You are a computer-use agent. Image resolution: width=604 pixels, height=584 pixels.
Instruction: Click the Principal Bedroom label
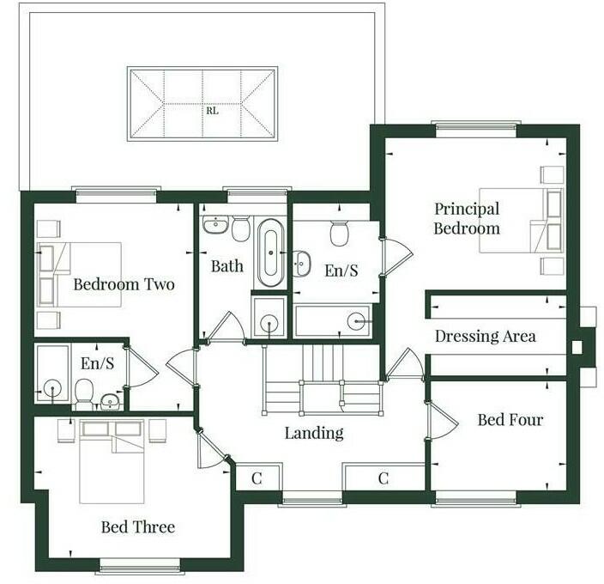point(466,219)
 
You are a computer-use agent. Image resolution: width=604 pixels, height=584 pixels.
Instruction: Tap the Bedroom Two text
point(124,284)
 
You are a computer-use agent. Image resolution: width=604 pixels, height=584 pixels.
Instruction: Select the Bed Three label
point(138,526)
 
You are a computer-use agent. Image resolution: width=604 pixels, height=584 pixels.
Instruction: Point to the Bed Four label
point(510,420)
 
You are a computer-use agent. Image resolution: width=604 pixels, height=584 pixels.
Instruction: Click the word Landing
point(314,433)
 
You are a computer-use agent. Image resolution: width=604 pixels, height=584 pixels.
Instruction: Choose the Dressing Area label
point(485,336)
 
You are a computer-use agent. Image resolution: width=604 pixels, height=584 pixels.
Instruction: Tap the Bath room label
point(226,266)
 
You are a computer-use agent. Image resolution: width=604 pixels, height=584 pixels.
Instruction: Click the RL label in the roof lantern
point(210,110)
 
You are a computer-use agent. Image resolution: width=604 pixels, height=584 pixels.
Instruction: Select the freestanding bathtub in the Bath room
point(269,252)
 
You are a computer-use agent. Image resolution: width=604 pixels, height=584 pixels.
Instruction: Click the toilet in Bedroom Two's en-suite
point(84,394)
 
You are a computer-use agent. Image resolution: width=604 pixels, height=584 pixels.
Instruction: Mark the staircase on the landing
point(321,379)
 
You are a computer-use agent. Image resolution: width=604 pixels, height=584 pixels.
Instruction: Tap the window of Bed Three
point(140,564)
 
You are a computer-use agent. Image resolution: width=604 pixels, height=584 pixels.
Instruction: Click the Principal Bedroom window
point(475,130)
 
